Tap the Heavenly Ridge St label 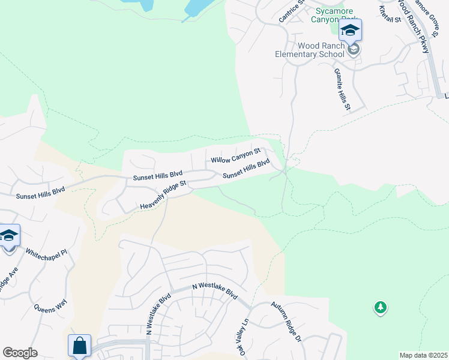click(x=164, y=196)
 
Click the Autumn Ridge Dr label click(x=286, y=322)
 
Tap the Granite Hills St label click(x=342, y=89)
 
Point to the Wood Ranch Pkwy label click(x=415, y=28)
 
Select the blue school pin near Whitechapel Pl click(x=9, y=236)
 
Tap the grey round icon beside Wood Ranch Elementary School click(x=354, y=49)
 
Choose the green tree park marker click(x=380, y=308)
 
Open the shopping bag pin click(x=79, y=346)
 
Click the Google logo click(x=20, y=353)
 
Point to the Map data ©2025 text click(x=423, y=355)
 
